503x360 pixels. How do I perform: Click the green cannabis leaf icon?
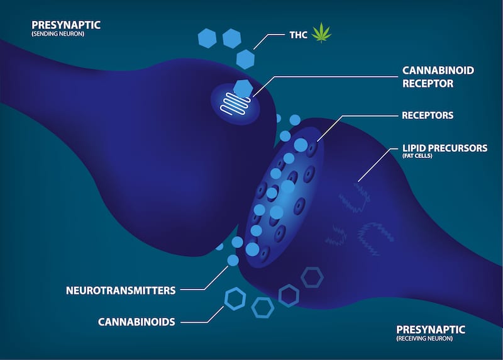pos(321,33)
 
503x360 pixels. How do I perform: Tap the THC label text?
pos(298,35)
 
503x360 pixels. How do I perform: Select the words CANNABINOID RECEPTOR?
pos(438,77)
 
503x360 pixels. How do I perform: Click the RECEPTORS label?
pos(428,115)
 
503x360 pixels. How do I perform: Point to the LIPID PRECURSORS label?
pos(445,148)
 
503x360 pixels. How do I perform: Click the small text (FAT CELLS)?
pos(417,155)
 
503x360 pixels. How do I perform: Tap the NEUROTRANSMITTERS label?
pos(121,290)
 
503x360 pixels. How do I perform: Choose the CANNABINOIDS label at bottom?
pos(136,322)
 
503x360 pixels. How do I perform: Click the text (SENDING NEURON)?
pos(58,34)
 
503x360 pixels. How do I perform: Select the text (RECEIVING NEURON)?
pos(424,339)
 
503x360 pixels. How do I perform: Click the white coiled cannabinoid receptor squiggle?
pos(235,103)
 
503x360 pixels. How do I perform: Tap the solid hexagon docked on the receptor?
pos(243,88)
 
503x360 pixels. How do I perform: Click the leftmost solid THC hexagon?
pos(207,38)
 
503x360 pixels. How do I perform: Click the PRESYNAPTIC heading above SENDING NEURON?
pos(66,25)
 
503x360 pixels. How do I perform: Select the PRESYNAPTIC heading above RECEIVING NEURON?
pos(431,330)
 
